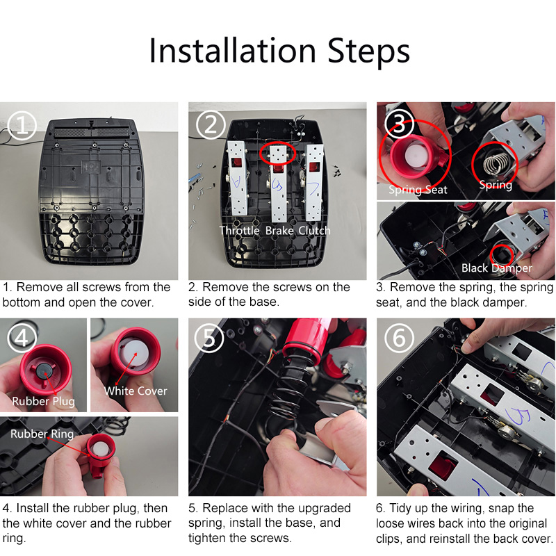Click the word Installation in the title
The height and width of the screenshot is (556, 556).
pyautogui.click(x=232, y=51)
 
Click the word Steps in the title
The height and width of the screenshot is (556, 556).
pyautogui.click(x=369, y=51)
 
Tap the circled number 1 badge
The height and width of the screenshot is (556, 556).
pyautogui.click(x=22, y=125)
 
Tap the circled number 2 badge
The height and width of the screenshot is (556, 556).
pyautogui.click(x=211, y=125)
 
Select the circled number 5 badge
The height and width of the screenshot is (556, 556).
pyautogui.click(x=209, y=338)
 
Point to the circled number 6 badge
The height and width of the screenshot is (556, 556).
pyautogui.click(x=399, y=338)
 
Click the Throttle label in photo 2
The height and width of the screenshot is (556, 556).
pyautogui.click(x=239, y=231)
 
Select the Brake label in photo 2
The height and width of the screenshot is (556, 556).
pyautogui.click(x=279, y=231)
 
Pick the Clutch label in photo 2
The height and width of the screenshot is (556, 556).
pyautogui.click(x=314, y=231)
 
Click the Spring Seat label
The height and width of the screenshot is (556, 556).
pyautogui.click(x=418, y=190)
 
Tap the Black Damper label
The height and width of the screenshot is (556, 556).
pyautogui.click(x=496, y=268)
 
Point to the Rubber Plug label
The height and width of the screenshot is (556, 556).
pyautogui.click(x=43, y=401)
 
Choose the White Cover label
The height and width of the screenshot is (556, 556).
pyautogui.click(x=136, y=391)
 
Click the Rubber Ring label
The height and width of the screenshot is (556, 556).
pyautogui.click(x=42, y=434)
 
